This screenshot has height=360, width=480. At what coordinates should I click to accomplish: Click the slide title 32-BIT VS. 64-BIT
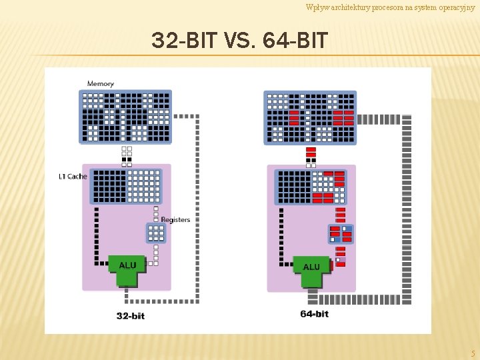click(x=239, y=41)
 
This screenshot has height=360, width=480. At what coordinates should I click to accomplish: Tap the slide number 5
click(x=473, y=353)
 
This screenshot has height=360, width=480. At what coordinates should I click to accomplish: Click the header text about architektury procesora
click(x=390, y=7)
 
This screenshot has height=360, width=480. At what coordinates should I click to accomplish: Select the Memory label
click(x=101, y=83)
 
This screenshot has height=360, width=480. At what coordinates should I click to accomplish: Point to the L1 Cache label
click(x=73, y=177)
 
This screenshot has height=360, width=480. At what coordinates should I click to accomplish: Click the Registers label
click(x=175, y=220)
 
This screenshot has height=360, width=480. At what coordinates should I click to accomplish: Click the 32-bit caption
click(x=131, y=315)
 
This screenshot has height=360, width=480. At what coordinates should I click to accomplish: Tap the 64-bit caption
click(x=314, y=314)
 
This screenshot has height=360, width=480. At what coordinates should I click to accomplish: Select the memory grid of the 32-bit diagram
click(x=126, y=117)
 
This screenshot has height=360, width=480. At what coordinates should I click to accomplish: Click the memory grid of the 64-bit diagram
click(x=310, y=117)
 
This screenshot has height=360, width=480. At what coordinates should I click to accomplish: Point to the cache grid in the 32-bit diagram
click(x=126, y=186)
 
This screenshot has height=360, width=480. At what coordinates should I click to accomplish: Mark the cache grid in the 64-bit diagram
click(x=311, y=187)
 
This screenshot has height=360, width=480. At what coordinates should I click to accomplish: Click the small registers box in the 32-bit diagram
click(x=155, y=233)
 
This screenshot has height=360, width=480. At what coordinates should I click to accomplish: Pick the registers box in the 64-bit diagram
click(x=341, y=234)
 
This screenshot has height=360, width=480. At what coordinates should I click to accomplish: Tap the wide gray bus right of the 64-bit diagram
click(x=406, y=207)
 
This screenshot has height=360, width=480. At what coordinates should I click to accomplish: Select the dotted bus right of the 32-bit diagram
click(x=197, y=207)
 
